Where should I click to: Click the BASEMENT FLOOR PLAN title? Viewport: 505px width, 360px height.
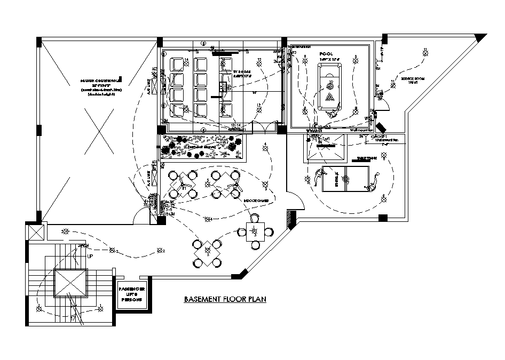pyautogui.click(x=225, y=300)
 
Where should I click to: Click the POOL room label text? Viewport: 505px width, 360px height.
pyautogui.click(x=326, y=54)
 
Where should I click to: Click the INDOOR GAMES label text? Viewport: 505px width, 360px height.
pyautogui.click(x=256, y=201)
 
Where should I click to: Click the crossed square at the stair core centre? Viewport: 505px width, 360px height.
pyautogui.click(x=70, y=282)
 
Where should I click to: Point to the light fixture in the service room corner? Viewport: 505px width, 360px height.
pyautogui.click(x=425, y=51)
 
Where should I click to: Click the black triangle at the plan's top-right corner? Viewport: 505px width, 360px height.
pyautogui.click(x=481, y=38)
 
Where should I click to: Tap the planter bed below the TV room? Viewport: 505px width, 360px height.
pyautogui.click(x=202, y=148)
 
